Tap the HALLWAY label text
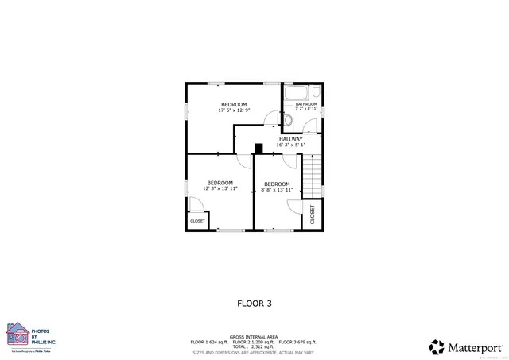click(x=290, y=139)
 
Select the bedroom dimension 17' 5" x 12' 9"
click(x=234, y=110)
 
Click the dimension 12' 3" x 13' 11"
click(x=220, y=188)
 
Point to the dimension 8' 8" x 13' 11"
click(x=278, y=190)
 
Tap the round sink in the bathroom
click(x=289, y=121)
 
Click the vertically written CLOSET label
click(x=312, y=215)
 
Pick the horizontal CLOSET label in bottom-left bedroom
click(x=197, y=221)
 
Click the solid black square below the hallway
click(x=258, y=148)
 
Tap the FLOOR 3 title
click(x=254, y=303)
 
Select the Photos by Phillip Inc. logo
click(x=32, y=335)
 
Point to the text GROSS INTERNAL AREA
click(x=254, y=336)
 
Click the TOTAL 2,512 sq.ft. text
click(x=254, y=346)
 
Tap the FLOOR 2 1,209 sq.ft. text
click(x=254, y=341)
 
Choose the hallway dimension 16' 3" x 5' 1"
click(x=290, y=145)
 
